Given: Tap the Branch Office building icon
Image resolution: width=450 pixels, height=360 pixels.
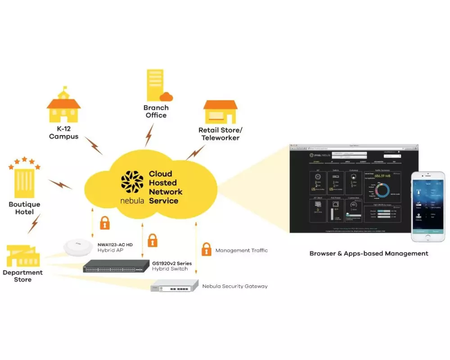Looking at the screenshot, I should pos(155,85).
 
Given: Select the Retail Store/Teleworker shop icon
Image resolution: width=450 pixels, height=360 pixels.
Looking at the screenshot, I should pos(220,112).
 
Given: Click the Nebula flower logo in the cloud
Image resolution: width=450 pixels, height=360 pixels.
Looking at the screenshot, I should pos(132,182).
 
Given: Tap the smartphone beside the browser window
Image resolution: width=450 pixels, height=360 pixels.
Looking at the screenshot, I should pos(428,207).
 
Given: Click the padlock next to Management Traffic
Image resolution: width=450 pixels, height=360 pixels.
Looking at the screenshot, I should pos(206,249).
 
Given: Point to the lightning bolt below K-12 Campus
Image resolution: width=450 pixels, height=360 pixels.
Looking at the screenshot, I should pos(94,145).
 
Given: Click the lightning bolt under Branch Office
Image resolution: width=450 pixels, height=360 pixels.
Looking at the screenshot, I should pos(149,135).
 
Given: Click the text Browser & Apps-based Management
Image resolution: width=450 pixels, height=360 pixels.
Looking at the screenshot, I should pos(369,253).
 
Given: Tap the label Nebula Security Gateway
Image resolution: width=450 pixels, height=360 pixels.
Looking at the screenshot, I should pos(235,286).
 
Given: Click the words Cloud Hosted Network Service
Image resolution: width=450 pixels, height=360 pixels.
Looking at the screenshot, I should pos(166,187).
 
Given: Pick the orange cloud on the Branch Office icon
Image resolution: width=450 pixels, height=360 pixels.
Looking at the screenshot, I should pos(166,96).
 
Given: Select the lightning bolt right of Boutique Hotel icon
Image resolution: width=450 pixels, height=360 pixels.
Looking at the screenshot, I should pos(60,184).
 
